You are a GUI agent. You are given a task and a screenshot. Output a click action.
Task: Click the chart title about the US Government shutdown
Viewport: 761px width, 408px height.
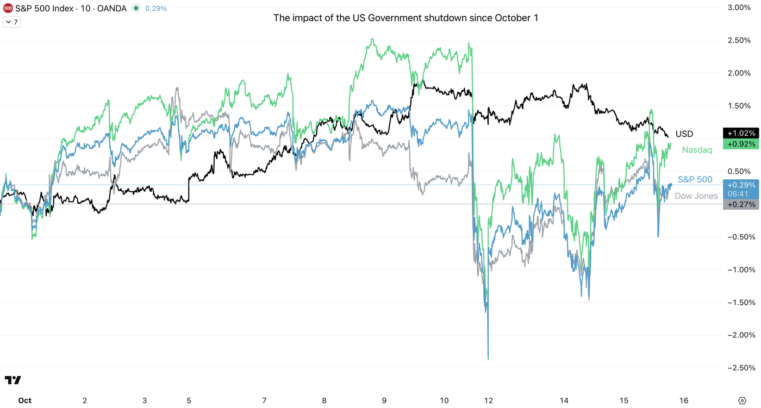(x=406, y=18)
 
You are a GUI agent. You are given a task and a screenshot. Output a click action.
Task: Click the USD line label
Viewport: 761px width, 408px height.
(x=684, y=134)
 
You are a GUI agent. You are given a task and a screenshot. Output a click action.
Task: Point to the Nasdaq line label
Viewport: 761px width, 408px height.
(x=697, y=150)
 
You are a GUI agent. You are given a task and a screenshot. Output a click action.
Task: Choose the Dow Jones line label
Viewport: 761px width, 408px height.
(x=696, y=196)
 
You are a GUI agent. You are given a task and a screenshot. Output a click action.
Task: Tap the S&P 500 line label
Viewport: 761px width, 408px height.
(x=695, y=179)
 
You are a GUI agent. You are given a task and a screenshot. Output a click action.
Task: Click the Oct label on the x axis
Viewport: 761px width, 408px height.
(x=24, y=400)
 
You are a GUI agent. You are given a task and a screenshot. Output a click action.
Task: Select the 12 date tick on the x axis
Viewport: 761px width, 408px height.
(x=489, y=400)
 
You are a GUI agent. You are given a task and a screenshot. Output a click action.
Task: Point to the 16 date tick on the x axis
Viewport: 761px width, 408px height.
(x=684, y=400)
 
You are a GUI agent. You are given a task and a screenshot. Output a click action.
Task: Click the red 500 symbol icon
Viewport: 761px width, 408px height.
(x=8, y=8)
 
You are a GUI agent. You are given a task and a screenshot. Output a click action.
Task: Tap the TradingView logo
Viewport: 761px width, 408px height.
(x=13, y=380)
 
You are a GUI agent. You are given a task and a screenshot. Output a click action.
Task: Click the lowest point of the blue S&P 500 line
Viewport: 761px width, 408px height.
(x=488, y=359)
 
